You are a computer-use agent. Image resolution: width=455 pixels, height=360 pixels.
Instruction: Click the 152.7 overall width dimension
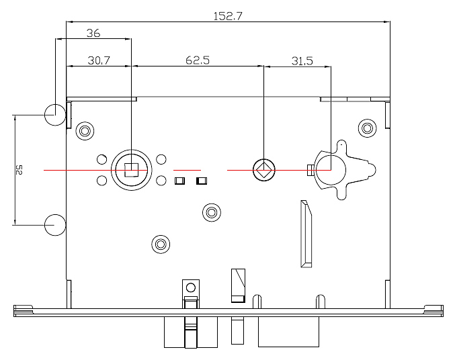227,15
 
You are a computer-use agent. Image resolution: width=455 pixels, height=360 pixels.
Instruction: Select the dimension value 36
93,32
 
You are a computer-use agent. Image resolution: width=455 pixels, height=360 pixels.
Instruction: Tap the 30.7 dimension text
98,60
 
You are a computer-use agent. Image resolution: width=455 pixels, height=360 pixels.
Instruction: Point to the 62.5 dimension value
197,60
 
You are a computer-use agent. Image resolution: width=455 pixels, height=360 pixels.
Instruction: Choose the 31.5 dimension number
302,60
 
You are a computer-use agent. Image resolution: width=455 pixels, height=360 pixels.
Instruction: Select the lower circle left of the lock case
54,224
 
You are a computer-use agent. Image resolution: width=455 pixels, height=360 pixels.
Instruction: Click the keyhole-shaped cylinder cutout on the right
331,169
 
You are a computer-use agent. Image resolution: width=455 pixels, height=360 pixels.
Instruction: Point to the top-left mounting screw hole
85,130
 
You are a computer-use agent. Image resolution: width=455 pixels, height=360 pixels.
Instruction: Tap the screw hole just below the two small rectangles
211,213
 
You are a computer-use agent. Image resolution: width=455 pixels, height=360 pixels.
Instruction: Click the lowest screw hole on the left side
159,243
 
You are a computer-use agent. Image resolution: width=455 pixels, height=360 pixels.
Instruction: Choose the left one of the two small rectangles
179,181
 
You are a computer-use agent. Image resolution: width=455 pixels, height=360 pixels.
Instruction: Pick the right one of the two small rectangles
200,181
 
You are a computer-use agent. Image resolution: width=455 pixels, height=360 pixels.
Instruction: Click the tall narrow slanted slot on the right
305,233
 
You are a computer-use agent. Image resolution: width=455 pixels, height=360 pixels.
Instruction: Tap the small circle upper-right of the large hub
161,159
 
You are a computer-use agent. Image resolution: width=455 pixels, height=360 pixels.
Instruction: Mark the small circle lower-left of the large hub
101,181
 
